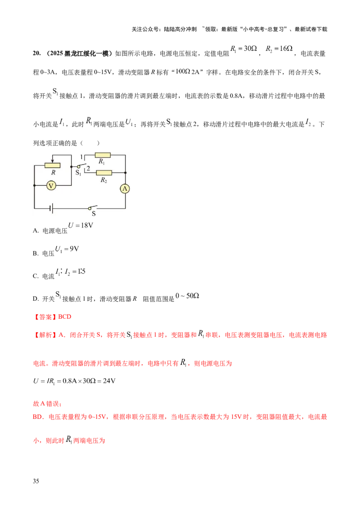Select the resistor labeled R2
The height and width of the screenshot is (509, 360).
[x=104, y=172]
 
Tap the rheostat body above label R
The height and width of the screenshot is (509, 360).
[x=53, y=165]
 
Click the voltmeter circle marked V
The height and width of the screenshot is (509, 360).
[x=51, y=185]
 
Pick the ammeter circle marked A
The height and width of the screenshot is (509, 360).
[x=125, y=189]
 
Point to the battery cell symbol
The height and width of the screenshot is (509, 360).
[x=52, y=208]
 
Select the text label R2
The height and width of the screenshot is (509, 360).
[x=104, y=180]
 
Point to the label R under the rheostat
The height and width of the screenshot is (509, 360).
[x=53, y=172]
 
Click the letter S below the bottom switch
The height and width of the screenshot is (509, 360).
[x=94, y=214]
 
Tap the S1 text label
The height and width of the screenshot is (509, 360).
[x=78, y=172]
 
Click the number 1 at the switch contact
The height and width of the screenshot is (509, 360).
[x=81, y=156]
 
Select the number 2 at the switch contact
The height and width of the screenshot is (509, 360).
[x=88, y=169]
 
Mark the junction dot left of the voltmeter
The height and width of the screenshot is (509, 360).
[x=34, y=185]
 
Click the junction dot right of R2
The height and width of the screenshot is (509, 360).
[x=125, y=172]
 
